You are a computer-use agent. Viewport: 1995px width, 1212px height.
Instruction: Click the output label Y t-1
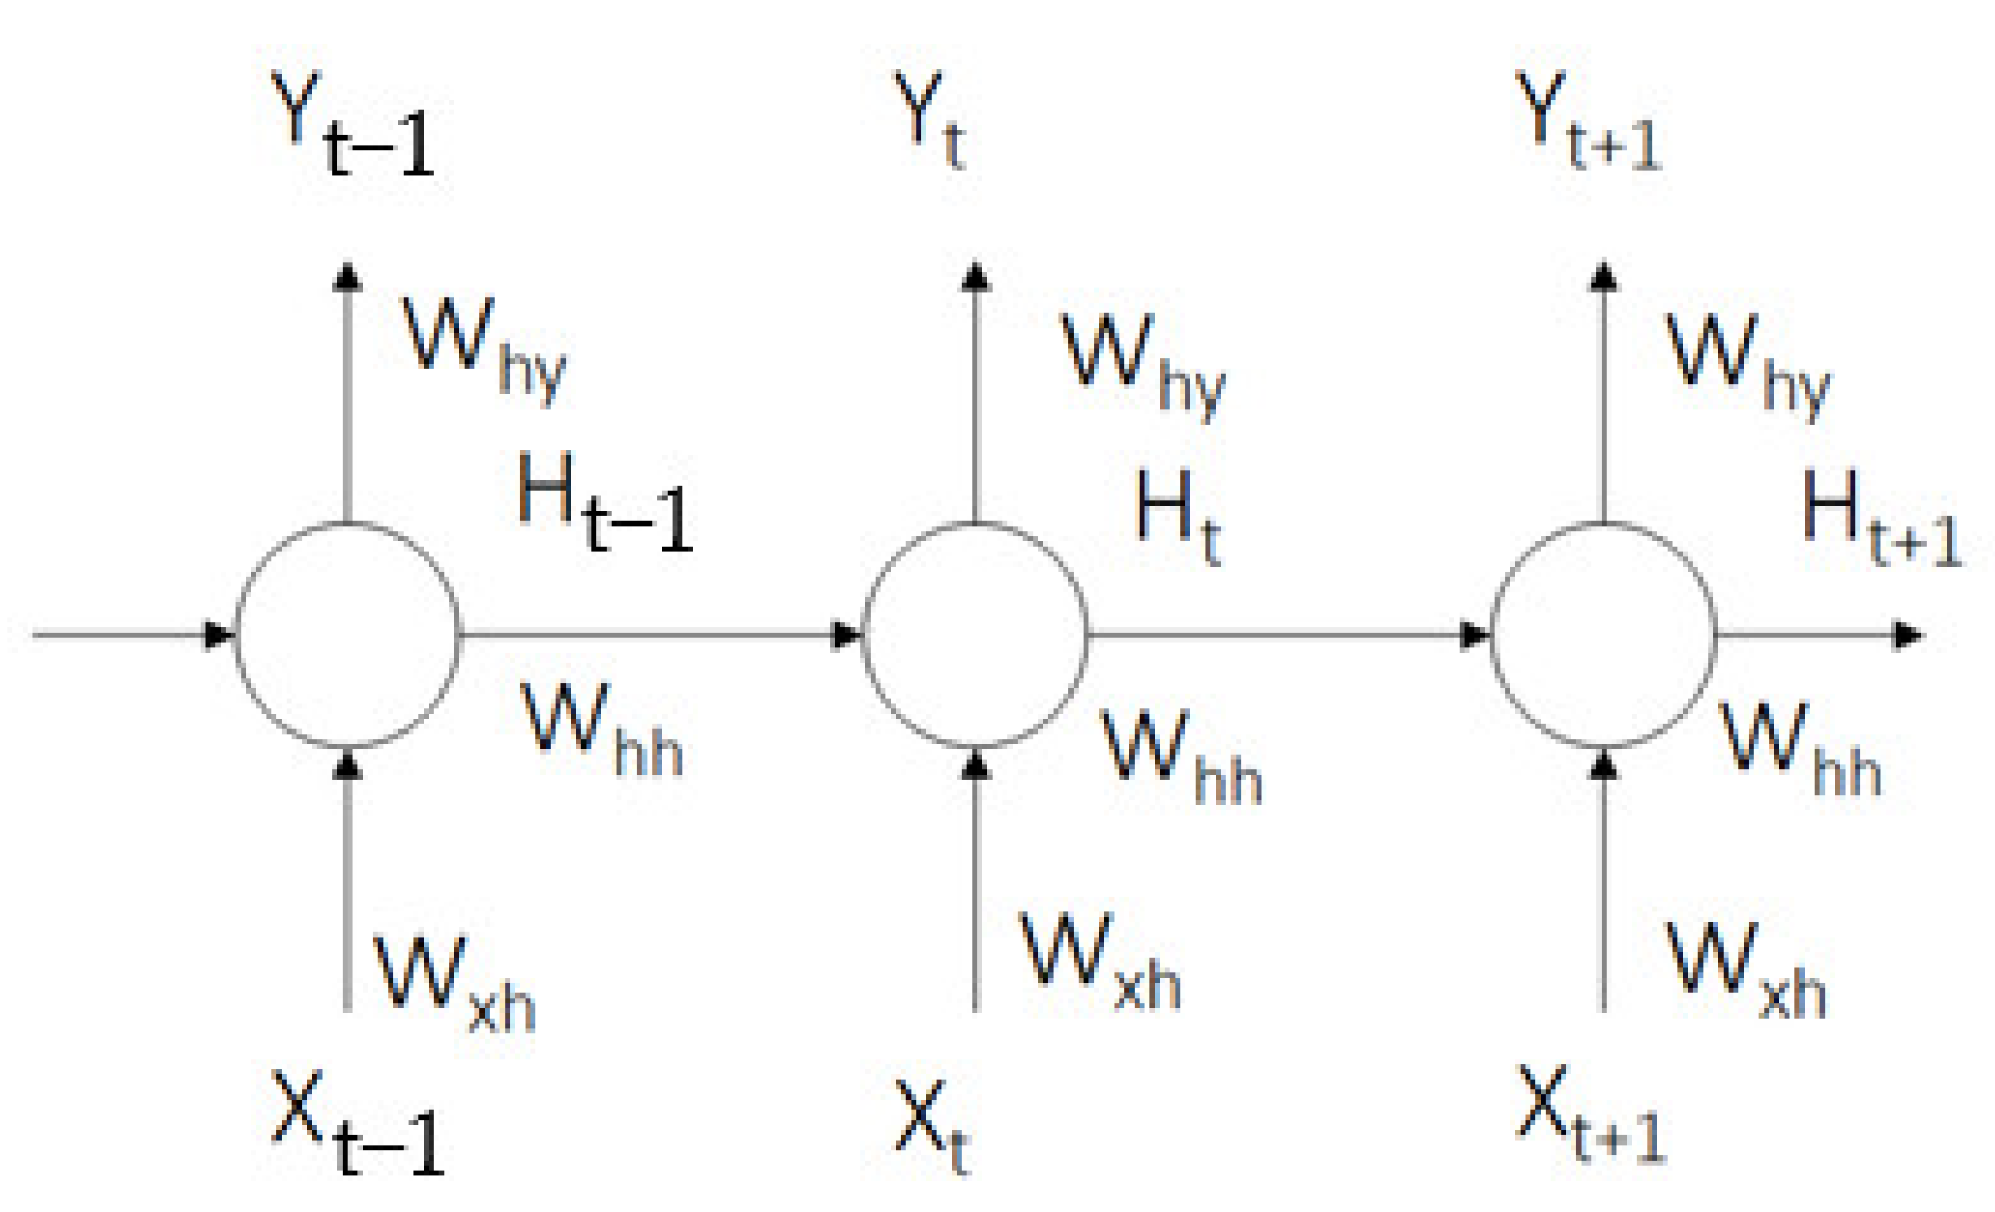(353, 126)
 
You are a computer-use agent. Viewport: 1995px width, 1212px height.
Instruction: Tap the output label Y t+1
(1588, 122)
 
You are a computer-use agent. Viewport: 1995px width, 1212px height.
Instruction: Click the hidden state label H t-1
(605, 504)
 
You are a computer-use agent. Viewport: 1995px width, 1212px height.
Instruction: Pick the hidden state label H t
(1178, 516)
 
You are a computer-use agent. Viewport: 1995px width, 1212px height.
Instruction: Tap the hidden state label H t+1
(1880, 520)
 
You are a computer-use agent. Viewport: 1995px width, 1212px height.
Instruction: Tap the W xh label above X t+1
(1746, 971)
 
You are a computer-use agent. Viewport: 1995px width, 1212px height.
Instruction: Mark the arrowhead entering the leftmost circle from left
(218, 635)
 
